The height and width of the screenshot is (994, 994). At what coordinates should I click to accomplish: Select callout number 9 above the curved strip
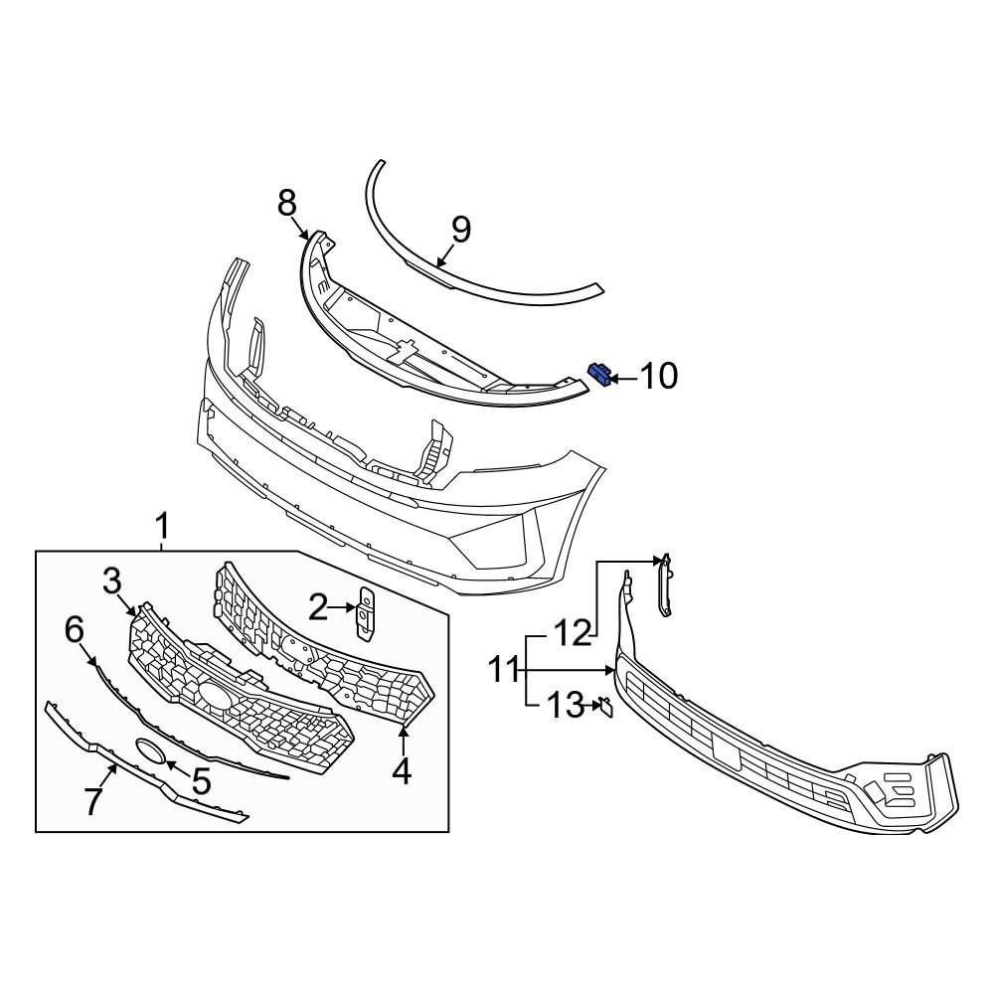click(x=460, y=230)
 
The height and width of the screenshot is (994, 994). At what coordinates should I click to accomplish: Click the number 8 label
click(x=286, y=204)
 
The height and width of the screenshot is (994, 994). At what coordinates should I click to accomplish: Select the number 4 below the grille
click(x=402, y=771)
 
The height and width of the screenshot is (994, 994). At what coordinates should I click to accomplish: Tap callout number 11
click(x=503, y=670)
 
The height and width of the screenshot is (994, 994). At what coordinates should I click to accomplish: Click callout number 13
click(x=566, y=707)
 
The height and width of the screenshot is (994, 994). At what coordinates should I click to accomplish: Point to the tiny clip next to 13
click(x=604, y=707)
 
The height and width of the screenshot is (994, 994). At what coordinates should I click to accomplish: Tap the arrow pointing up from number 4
click(x=403, y=739)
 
